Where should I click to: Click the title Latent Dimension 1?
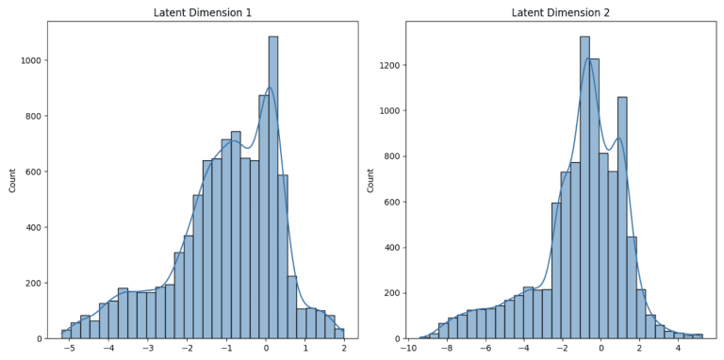203,12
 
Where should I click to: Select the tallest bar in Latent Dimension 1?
273,188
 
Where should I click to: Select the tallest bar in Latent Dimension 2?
584,188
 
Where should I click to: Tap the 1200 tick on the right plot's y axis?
389,65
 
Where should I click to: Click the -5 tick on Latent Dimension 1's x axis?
70,348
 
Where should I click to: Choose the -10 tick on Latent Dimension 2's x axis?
408,348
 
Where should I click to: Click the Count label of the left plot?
12,180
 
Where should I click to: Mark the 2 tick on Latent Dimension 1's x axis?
344,348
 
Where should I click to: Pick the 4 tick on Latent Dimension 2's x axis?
678,348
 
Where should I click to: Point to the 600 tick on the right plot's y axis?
393,202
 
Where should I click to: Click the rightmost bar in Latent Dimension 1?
339,334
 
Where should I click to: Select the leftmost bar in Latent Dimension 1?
66,335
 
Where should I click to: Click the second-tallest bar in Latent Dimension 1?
264,217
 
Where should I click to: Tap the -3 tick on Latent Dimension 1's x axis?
148,348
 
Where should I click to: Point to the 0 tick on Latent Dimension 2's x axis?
601,348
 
